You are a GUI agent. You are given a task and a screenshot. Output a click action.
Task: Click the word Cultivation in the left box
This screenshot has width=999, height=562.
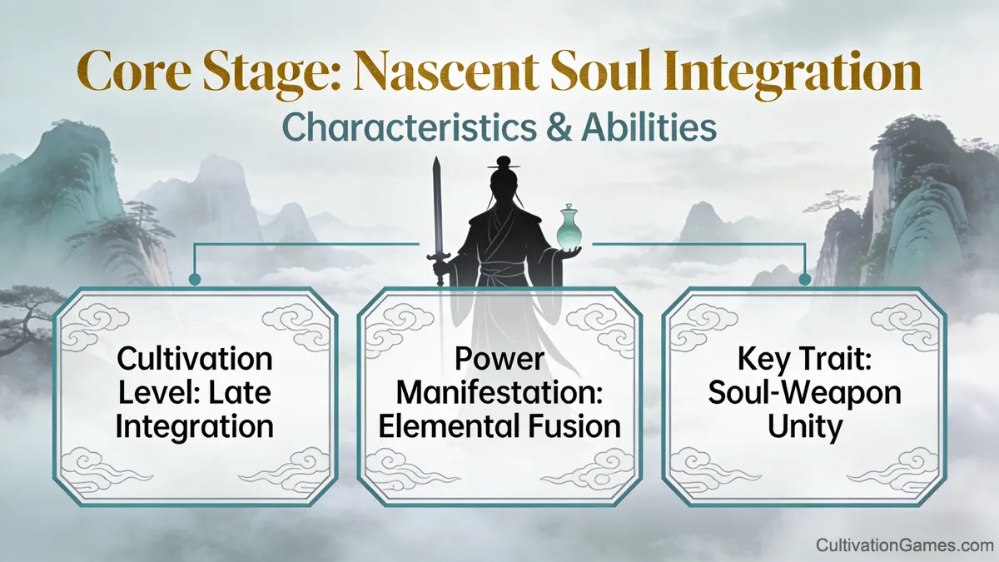195,360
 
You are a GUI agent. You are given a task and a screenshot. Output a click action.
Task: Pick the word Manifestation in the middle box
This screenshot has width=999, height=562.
499,393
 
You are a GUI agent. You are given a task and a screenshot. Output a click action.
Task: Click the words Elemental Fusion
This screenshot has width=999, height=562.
499,426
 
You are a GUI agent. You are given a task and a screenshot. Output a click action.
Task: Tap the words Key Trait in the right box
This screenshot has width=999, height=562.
804,360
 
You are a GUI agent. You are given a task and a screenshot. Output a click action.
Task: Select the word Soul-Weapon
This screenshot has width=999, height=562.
804,393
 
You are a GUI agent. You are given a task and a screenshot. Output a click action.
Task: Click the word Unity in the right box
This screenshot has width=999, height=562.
804,426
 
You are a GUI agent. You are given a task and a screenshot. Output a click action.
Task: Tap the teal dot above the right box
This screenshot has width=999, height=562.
805,280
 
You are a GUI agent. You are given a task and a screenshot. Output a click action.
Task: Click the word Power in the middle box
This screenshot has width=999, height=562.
499,360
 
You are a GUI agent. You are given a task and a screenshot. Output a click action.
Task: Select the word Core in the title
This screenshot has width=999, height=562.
134,73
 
